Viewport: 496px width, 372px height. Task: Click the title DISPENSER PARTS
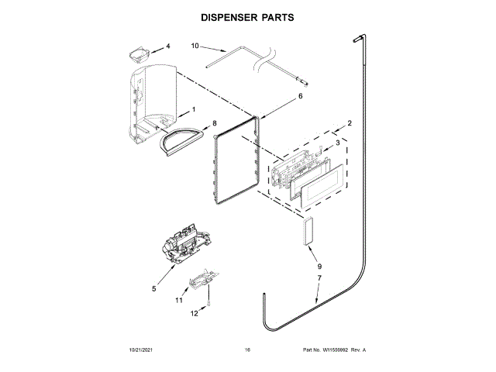pos(247,16)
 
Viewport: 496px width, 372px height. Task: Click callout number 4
pos(168,46)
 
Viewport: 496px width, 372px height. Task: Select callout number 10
pos(195,46)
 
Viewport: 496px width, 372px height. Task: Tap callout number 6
pos(300,97)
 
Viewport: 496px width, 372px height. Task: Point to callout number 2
pos(350,123)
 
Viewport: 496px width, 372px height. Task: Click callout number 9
pos(319,266)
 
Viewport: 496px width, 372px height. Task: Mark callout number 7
pos(319,277)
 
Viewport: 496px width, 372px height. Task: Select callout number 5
pos(153,288)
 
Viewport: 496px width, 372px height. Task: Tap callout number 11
pos(178,299)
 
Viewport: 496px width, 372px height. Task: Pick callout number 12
pos(195,313)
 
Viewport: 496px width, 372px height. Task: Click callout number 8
pos(215,123)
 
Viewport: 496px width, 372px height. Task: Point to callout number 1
pos(193,110)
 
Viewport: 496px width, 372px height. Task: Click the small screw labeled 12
pos(210,306)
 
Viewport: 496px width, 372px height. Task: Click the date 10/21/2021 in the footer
pos(141,351)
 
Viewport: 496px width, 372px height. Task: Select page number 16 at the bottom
pos(247,351)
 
